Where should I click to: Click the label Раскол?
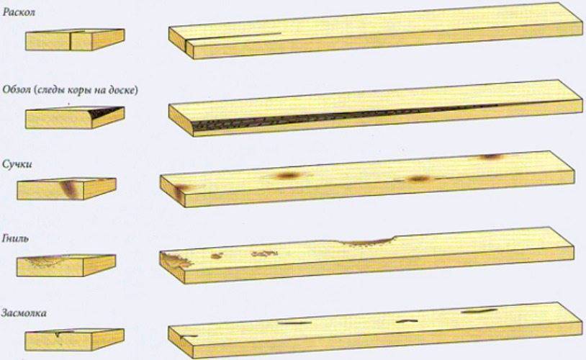pyautogui.click(x=19, y=12)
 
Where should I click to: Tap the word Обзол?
pyautogui.click(x=17, y=90)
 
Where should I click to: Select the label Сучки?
pyautogui.click(x=17, y=164)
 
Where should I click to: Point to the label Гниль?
pyautogui.click(x=15, y=238)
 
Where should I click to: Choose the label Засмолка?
pyautogui.click(x=24, y=313)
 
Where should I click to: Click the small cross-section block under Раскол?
pyautogui.click(x=75, y=40)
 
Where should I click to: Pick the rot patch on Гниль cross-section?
pyautogui.click(x=47, y=261)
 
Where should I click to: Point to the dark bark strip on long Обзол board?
pyautogui.click(x=336, y=115)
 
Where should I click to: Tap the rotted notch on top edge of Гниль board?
pyautogui.click(x=368, y=242)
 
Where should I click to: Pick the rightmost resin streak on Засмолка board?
pyautogui.click(x=479, y=310)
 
